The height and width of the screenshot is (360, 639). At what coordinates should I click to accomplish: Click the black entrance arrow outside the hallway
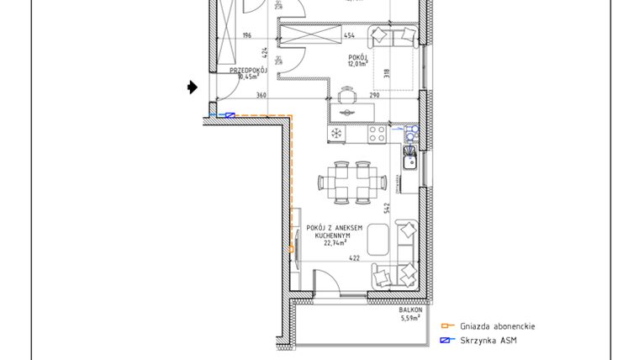tap(193, 87)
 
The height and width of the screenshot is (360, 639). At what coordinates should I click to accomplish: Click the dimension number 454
tap(350, 36)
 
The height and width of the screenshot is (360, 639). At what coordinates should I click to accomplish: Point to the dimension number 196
tap(246, 36)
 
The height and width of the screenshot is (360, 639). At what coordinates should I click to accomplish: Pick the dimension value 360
tap(261, 96)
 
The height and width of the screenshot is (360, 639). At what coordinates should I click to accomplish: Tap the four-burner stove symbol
tap(377, 133)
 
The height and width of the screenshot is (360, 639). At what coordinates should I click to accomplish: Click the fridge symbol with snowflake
tap(335, 133)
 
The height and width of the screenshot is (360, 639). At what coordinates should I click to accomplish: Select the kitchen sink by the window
tap(409, 157)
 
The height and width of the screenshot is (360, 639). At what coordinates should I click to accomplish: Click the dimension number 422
tap(354, 259)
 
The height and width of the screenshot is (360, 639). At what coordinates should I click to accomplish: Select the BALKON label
tap(411, 310)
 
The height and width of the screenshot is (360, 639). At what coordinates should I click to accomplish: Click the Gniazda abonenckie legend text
tap(497, 326)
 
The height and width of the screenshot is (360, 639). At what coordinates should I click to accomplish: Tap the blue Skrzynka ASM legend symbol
tap(447, 341)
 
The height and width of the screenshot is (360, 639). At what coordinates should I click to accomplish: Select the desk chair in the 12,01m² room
tap(346, 93)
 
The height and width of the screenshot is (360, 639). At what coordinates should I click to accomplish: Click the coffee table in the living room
tap(378, 238)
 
